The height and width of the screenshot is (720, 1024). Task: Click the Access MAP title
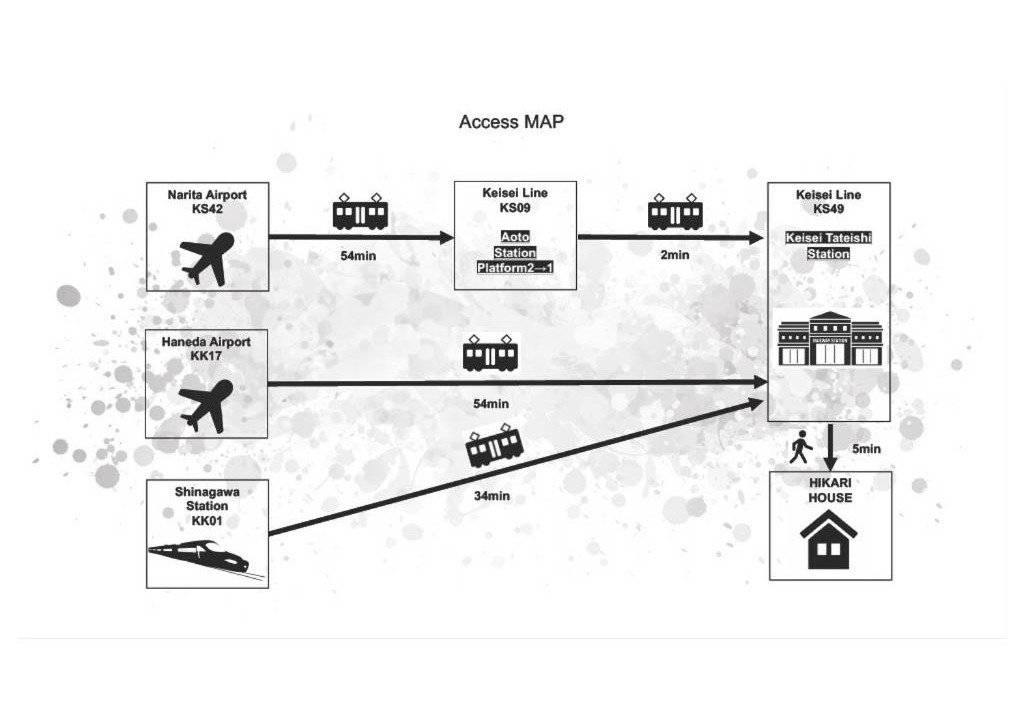click(x=512, y=122)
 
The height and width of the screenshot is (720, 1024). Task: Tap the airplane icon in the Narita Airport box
click(x=208, y=258)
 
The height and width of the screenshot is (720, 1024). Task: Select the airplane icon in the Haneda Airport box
click(x=206, y=404)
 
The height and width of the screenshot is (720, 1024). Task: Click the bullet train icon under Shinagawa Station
click(x=199, y=557)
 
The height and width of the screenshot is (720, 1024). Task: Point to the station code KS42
click(x=207, y=210)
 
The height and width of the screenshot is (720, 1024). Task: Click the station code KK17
click(x=206, y=356)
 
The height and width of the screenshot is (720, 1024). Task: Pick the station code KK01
click(x=207, y=521)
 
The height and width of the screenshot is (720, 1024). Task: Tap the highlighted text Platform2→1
click(x=515, y=268)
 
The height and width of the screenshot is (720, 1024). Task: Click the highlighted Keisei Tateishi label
click(x=829, y=238)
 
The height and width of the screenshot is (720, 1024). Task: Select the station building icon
click(x=830, y=338)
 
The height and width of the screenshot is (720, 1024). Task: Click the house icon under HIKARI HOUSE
click(x=829, y=539)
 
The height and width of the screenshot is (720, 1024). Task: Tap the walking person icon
click(x=800, y=447)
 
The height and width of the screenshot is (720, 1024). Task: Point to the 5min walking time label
click(x=866, y=449)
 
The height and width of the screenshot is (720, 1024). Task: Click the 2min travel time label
click(x=675, y=255)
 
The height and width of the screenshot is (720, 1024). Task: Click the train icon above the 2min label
click(x=675, y=212)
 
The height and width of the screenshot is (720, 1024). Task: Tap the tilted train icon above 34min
click(x=495, y=447)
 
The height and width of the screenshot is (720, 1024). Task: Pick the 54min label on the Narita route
click(x=358, y=256)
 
